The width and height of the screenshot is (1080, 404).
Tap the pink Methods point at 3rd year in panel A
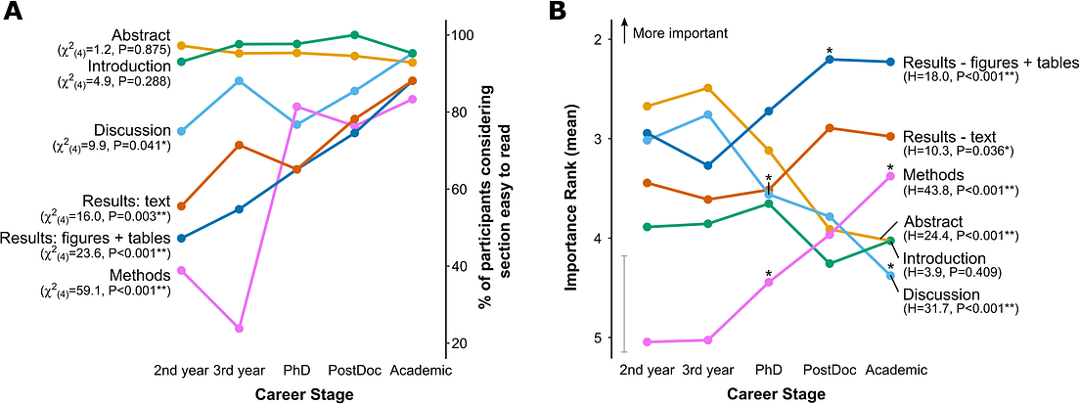point(240,329)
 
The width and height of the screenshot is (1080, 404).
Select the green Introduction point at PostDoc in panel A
point(355,35)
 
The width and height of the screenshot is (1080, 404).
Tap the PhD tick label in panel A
point(297,371)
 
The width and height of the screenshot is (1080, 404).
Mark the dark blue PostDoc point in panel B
point(830,60)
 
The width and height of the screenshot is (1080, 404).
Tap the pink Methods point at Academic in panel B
point(889,176)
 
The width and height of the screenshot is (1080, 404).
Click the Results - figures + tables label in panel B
point(990,63)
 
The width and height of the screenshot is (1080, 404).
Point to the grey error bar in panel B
point(624,303)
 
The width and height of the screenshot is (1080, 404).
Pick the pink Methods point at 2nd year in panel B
point(648,342)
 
